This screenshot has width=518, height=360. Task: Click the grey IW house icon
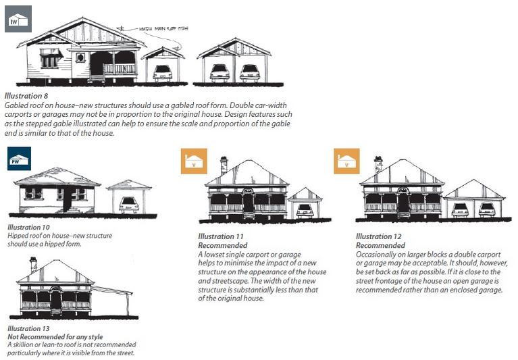point(18,18)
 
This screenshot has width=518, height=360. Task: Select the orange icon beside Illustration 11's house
point(193,161)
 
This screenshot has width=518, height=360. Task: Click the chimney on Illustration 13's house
point(33,263)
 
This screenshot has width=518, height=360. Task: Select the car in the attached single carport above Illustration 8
point(162,72)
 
